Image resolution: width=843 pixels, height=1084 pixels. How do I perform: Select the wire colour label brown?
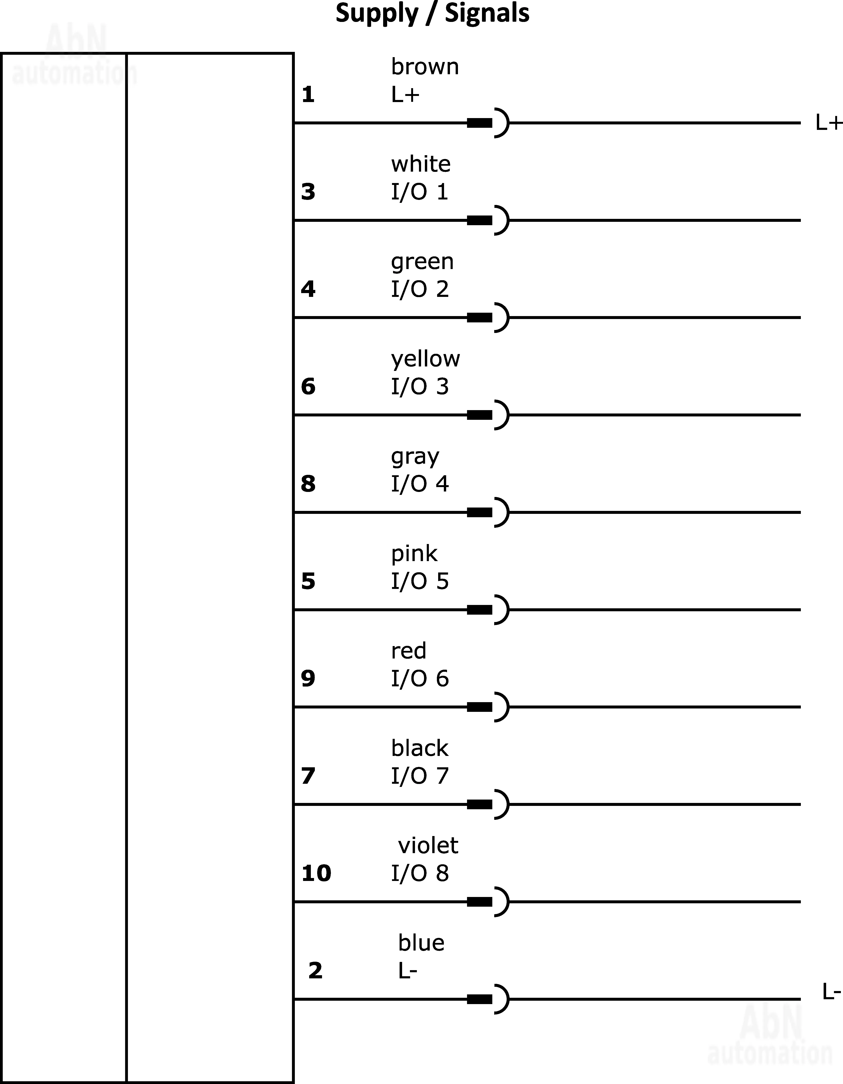point(425,66)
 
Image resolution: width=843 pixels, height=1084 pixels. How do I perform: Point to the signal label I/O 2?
point(420,289)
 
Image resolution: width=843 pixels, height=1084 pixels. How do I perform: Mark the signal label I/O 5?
point(420,581)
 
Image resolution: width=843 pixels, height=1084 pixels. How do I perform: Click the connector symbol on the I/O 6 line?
point(488,707)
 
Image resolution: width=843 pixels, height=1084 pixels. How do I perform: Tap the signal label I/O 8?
point(420,873)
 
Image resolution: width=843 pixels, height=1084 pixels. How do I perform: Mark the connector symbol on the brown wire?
point(488,123)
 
